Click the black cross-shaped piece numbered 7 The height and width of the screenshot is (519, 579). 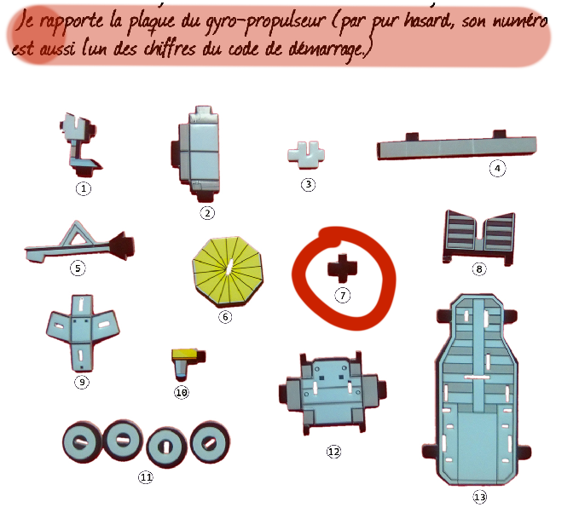342,268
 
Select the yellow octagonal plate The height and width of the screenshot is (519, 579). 228,271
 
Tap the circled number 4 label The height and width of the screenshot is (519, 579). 497,169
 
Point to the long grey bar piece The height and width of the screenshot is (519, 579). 456,147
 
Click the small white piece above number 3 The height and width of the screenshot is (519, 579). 306,155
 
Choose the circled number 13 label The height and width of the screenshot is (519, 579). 480,497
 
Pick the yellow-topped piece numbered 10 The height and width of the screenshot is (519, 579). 188,364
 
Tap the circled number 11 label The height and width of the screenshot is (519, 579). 146,477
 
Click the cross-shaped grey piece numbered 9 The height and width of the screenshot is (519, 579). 83,333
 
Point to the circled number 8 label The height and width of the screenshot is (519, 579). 479,268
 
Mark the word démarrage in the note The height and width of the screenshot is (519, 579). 327,50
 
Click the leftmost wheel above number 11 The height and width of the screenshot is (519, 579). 82,442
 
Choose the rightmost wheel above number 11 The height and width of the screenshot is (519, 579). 210,441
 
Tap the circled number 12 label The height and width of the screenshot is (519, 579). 333,452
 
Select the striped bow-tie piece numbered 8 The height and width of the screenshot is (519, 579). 479,237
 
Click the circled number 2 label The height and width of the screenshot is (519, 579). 207,213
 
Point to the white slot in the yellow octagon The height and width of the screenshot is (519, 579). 229,268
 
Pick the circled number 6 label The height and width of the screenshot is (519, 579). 225,317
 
